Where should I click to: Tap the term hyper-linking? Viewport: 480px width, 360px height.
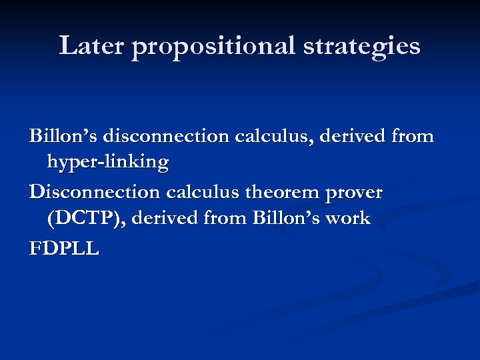(x=107, y=163)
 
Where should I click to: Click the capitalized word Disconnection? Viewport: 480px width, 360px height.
(x=94, y=193)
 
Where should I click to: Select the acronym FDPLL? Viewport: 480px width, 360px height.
(x=64, y=249)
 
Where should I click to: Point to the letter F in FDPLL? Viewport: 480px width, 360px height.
(x=35, y=249)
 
